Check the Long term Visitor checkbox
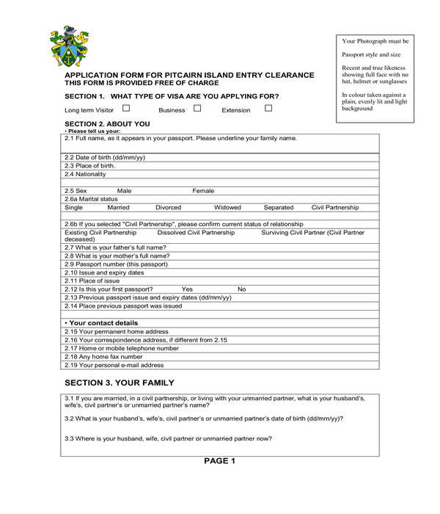click(126, 109)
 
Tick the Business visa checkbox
click(197, 109)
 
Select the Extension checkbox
click(268, 109)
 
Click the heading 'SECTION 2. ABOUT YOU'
click(107, 124)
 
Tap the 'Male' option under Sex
click(125, 191)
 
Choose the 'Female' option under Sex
click(203, 191)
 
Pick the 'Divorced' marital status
click(168, 208)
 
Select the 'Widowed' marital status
click(227, 208)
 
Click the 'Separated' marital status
click(279, 208)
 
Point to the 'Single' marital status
click(74, 208)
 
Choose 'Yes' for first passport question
click(187, 289)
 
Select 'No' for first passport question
click(241, 289)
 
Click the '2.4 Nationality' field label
click(85, 174)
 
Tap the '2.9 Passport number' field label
click(116, 264)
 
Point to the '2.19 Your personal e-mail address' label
click(114, 365)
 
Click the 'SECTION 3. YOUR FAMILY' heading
click(120, 383)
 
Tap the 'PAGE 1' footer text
click(219, 461)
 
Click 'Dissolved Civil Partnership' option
click(197, 233)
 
